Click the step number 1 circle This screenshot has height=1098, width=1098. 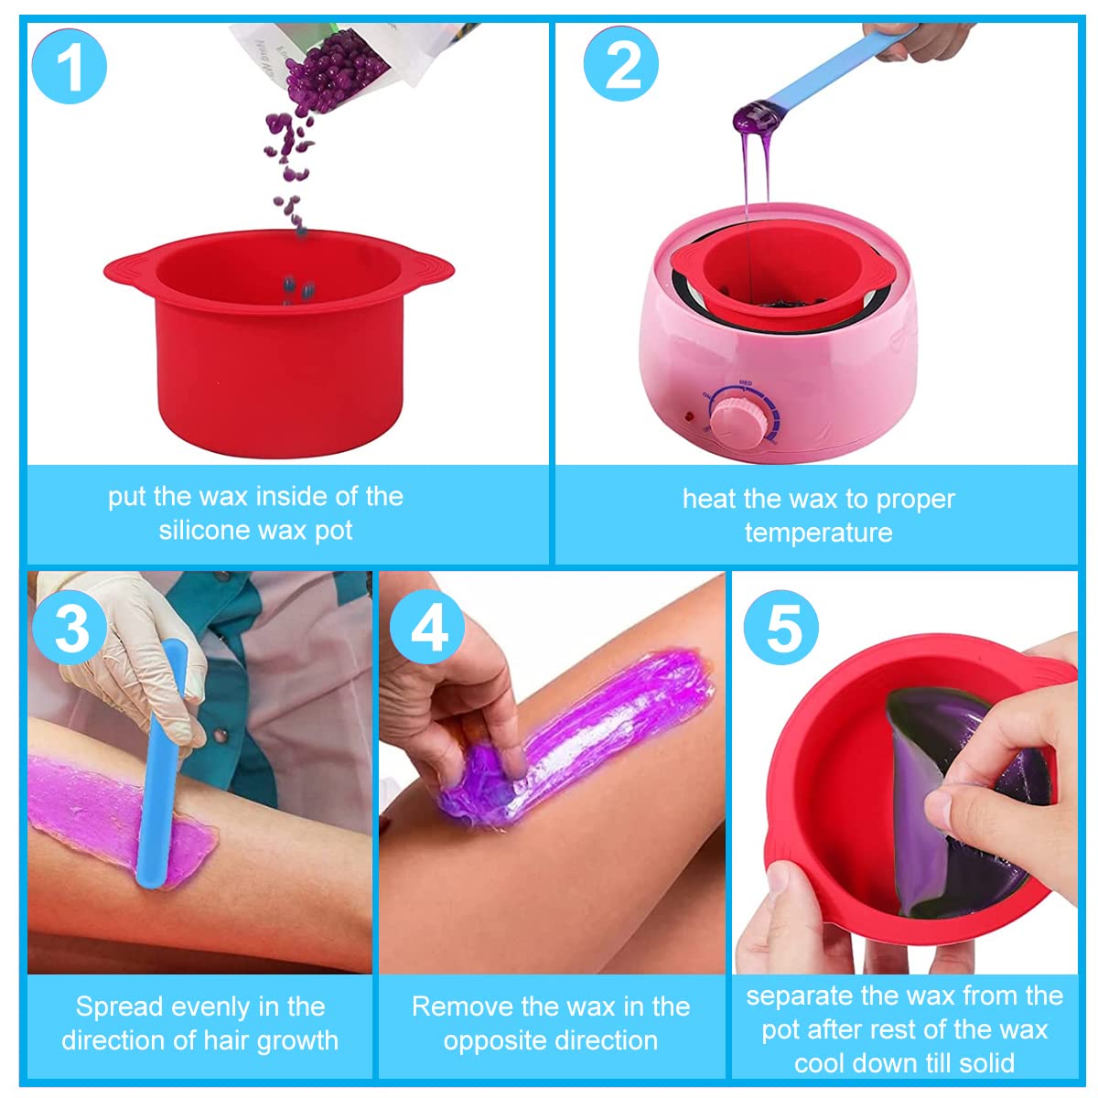point(69,66)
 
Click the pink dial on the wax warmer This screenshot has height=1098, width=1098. point(740,415)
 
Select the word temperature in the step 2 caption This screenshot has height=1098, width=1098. point(818,533)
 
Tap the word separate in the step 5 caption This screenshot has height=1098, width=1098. point(800,996)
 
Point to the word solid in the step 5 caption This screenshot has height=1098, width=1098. point(985,1063)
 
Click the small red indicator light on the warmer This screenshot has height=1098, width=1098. point(688,416)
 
